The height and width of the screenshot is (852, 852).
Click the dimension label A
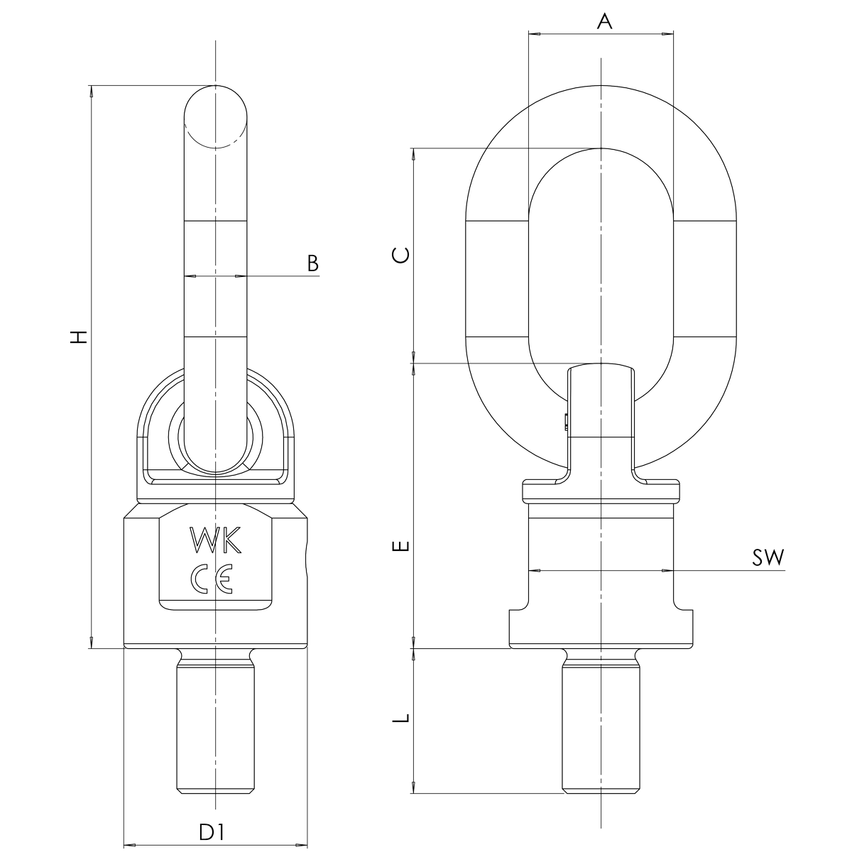click(x=604, y=21)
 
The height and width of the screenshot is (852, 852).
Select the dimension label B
click(x=312, y=263)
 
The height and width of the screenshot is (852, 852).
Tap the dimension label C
click(x=402, y=255)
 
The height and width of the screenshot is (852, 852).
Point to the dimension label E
click(x=402, y=546)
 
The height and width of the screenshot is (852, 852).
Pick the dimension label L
click(x=402, y=718)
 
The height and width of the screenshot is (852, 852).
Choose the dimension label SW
click(x=768, y=558)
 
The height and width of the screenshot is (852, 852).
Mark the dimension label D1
click(x=211, y=831)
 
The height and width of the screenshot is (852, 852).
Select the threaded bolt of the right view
click(x=601, y=724)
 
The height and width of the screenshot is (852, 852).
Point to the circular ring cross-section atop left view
click(x=216, y=116)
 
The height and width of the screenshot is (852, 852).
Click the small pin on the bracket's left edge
click(x=565, y=422)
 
